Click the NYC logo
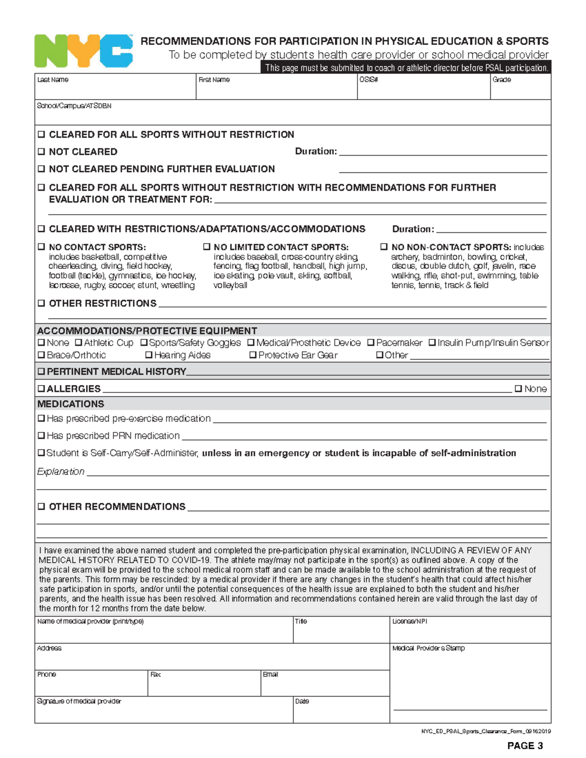[84, 51]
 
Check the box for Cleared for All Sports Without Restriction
[42, 134]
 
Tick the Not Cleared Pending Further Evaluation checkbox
[42, 169]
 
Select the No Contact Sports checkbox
[42, 247]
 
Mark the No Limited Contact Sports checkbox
[207, 247]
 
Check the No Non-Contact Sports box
[384, 247]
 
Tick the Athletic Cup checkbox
[78, 343]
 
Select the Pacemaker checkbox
[371, 343]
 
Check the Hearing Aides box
[149, 355]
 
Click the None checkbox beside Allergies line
[519, 389]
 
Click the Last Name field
[115, 89]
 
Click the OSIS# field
[423, 89]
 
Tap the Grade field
[521, 89]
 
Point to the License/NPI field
[470, 633]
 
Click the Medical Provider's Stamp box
[470, 681]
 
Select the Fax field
[204, 686]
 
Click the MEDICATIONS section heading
[71, 404]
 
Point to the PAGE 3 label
[525, 745]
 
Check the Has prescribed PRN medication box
[42, 435]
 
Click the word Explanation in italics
[61, 471]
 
